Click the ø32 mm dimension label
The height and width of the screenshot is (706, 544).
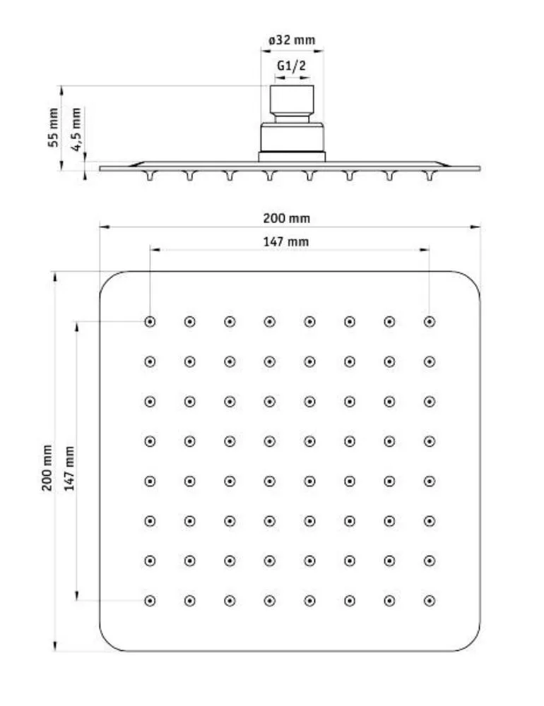pyautogui.click(x=292, y=40)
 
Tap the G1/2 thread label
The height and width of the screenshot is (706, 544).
pyautogui.click(x=291, y=66)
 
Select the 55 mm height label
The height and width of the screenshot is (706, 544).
pyautogui.click(x=54, y=127)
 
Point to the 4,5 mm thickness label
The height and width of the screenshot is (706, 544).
pyautogui.click(x=76, y=129)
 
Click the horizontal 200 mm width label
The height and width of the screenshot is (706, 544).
pyautogui.click(x=287, y=218)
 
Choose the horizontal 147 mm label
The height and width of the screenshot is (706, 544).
pyautogui.click(x=286, y=241)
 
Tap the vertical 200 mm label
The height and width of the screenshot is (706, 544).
pyautogui.click(x=47, y=467)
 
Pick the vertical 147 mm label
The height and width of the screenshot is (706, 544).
pyautogui.click(x=69, y=468)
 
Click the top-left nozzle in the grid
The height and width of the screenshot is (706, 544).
pyautogui.click(x=150, y=322)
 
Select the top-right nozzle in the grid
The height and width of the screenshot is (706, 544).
pyautogui.click(x=430, y=322)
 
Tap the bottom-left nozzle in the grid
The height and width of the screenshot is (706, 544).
pyautogui.click(x=150, y=601)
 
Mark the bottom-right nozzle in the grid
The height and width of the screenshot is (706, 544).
pyautogui.click(x=430, y=601)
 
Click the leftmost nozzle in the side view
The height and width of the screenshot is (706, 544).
pyautogui.click(x=150, y=175)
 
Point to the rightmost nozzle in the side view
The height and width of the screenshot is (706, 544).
pyautogui.click(x=430, y=175)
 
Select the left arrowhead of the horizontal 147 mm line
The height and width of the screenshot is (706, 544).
pyautogui.click(x=155, y=249)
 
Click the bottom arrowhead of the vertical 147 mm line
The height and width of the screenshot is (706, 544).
pyautogui.click(x=76, y=595)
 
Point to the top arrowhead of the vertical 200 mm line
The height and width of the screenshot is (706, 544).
pyautogui.click(x=55, y=277)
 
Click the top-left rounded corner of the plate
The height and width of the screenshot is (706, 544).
pyautogui.click(x=107, y=279)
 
